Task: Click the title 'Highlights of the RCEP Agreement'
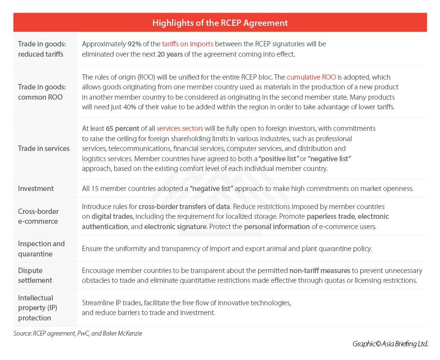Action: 220,23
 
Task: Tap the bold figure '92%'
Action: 135,44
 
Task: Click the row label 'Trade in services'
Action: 44,148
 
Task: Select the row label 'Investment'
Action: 36,189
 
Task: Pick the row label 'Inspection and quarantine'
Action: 41,249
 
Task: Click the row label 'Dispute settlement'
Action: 35,275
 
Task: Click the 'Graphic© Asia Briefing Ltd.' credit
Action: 390,344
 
